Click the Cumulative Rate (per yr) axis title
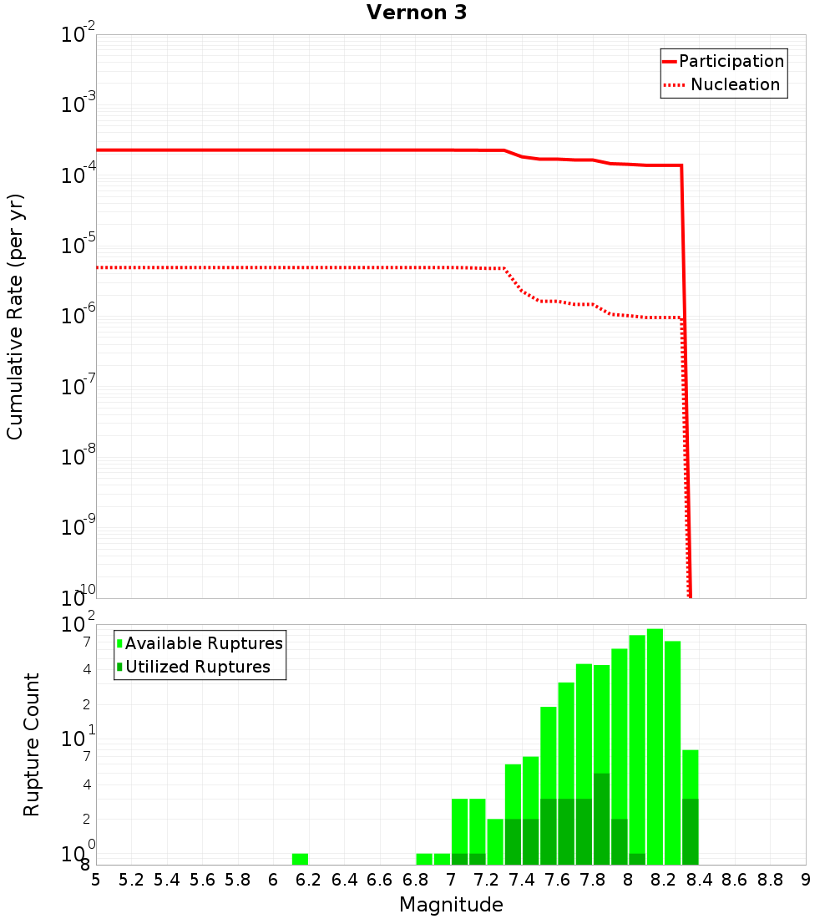[15, 317]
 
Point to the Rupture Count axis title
[32, 744]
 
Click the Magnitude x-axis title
[451, 905]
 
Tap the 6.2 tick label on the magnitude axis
[309, 880]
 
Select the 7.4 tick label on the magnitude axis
[522, 880]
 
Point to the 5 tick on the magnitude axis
[96, 880]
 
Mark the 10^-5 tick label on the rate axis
[78, 246]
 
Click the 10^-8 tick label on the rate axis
[78, 457]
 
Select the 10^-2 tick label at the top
[78, 35]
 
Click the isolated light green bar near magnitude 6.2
[300, 859]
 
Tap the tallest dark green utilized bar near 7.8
[601, 819]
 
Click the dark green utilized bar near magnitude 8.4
[690, 831]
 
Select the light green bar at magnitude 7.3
[495, 841]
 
